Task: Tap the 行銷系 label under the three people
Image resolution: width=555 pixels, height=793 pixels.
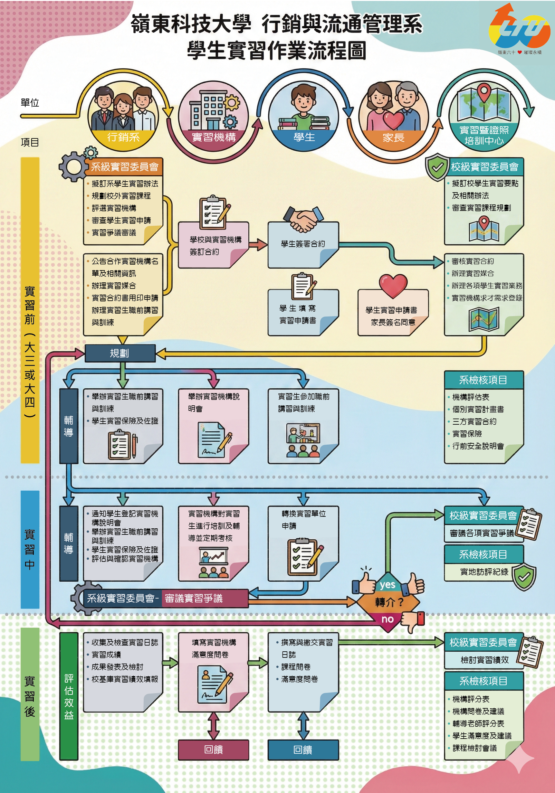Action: (123, 137)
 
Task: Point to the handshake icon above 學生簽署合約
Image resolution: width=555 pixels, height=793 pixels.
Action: (303, 219)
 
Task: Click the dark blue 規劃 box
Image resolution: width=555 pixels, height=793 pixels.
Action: (120, 353)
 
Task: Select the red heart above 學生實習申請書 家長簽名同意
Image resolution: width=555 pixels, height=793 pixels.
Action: (393, 285)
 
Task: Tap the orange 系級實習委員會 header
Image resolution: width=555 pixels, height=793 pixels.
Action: (124, 167)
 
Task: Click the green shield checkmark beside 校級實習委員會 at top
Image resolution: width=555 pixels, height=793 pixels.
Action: (437, 167)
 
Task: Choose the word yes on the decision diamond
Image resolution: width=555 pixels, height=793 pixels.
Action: (387, 585)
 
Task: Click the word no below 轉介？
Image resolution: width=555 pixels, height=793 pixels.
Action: (388, 619)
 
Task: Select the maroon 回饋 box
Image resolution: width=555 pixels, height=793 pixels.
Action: (213, 750)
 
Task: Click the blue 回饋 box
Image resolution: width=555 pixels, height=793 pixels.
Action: (303, 750)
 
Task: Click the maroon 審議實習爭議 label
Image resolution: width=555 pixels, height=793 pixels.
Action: (194, 598)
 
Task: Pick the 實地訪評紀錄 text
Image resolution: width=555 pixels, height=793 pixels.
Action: (484, 572)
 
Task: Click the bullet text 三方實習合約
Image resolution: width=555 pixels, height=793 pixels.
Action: (474, 421)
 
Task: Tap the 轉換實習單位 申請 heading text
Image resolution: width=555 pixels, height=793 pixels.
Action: (303, 519)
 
